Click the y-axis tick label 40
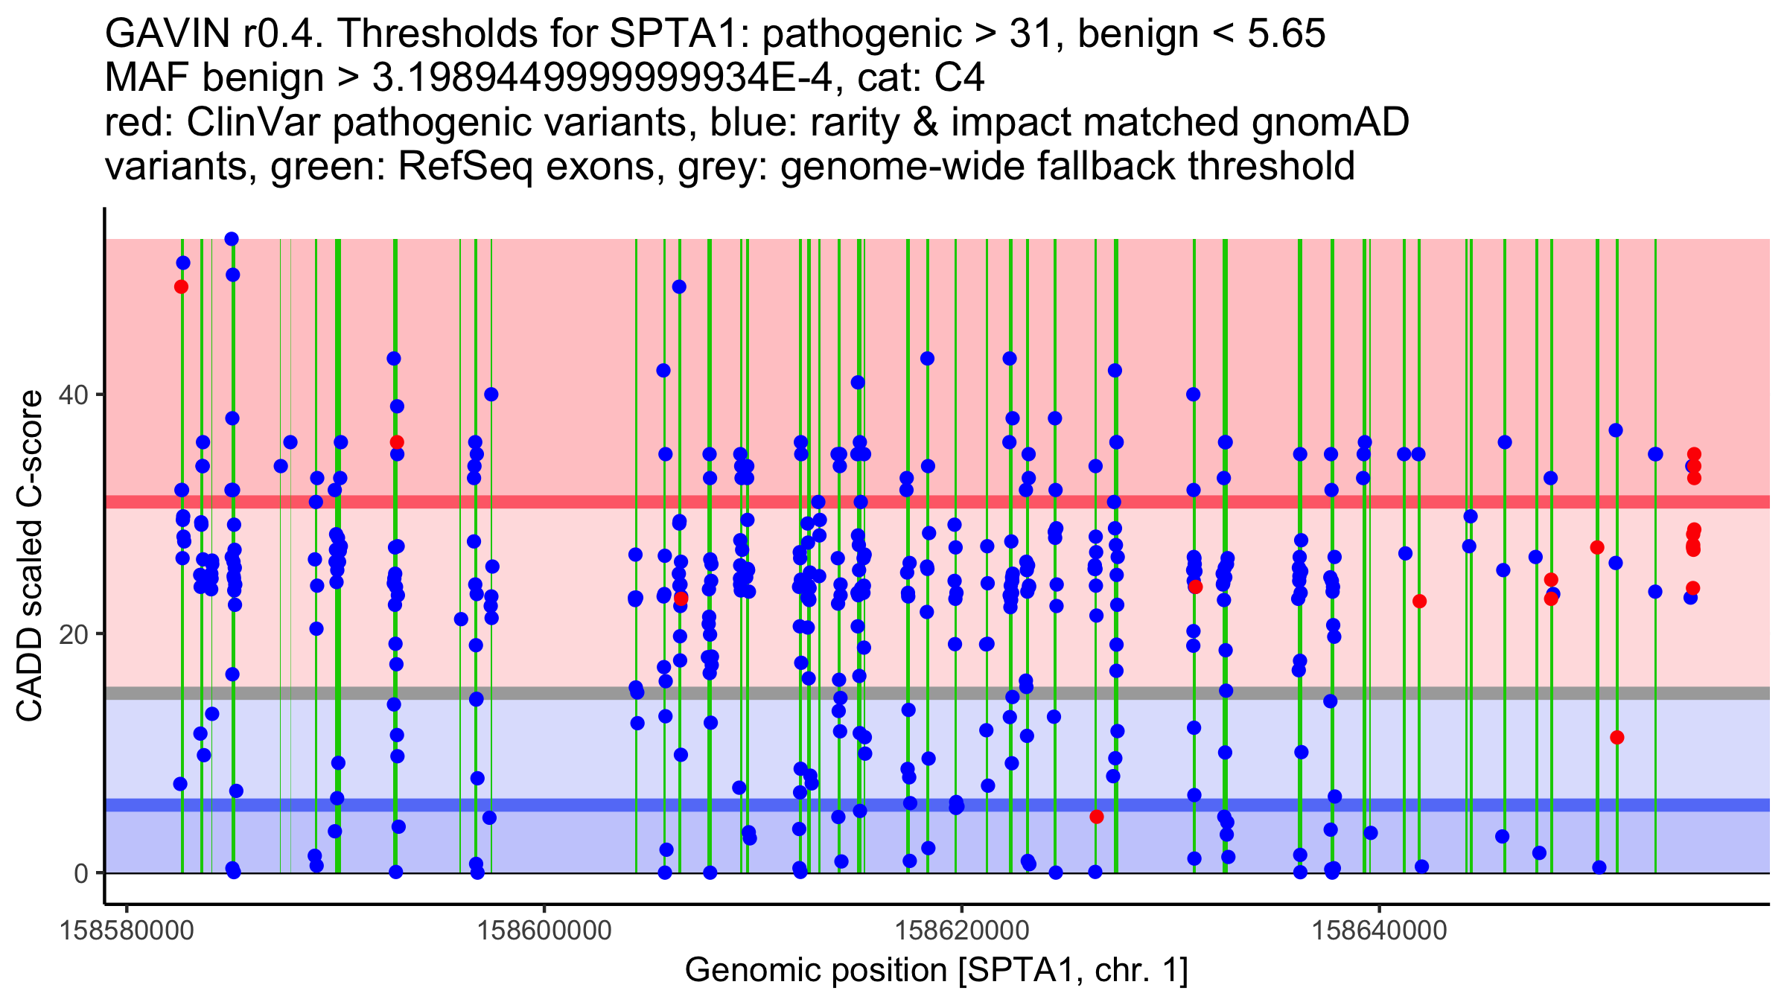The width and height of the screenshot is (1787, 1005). point(74,395)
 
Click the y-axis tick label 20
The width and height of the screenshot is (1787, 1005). point(74,634)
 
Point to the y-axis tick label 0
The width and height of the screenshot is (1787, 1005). point(82,873)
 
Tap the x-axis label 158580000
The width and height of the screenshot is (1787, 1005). point(127,931)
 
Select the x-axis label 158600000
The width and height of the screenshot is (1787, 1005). point(544,931)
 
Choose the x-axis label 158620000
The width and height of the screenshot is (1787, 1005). point(962,931)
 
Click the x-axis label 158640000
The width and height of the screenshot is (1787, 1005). point(1380,931)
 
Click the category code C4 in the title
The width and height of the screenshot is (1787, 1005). point(960,78)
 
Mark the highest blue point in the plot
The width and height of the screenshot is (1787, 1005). point(232,239)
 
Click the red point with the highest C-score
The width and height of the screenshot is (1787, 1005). point(181,287)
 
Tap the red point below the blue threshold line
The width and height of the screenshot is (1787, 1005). point(1096,817)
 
